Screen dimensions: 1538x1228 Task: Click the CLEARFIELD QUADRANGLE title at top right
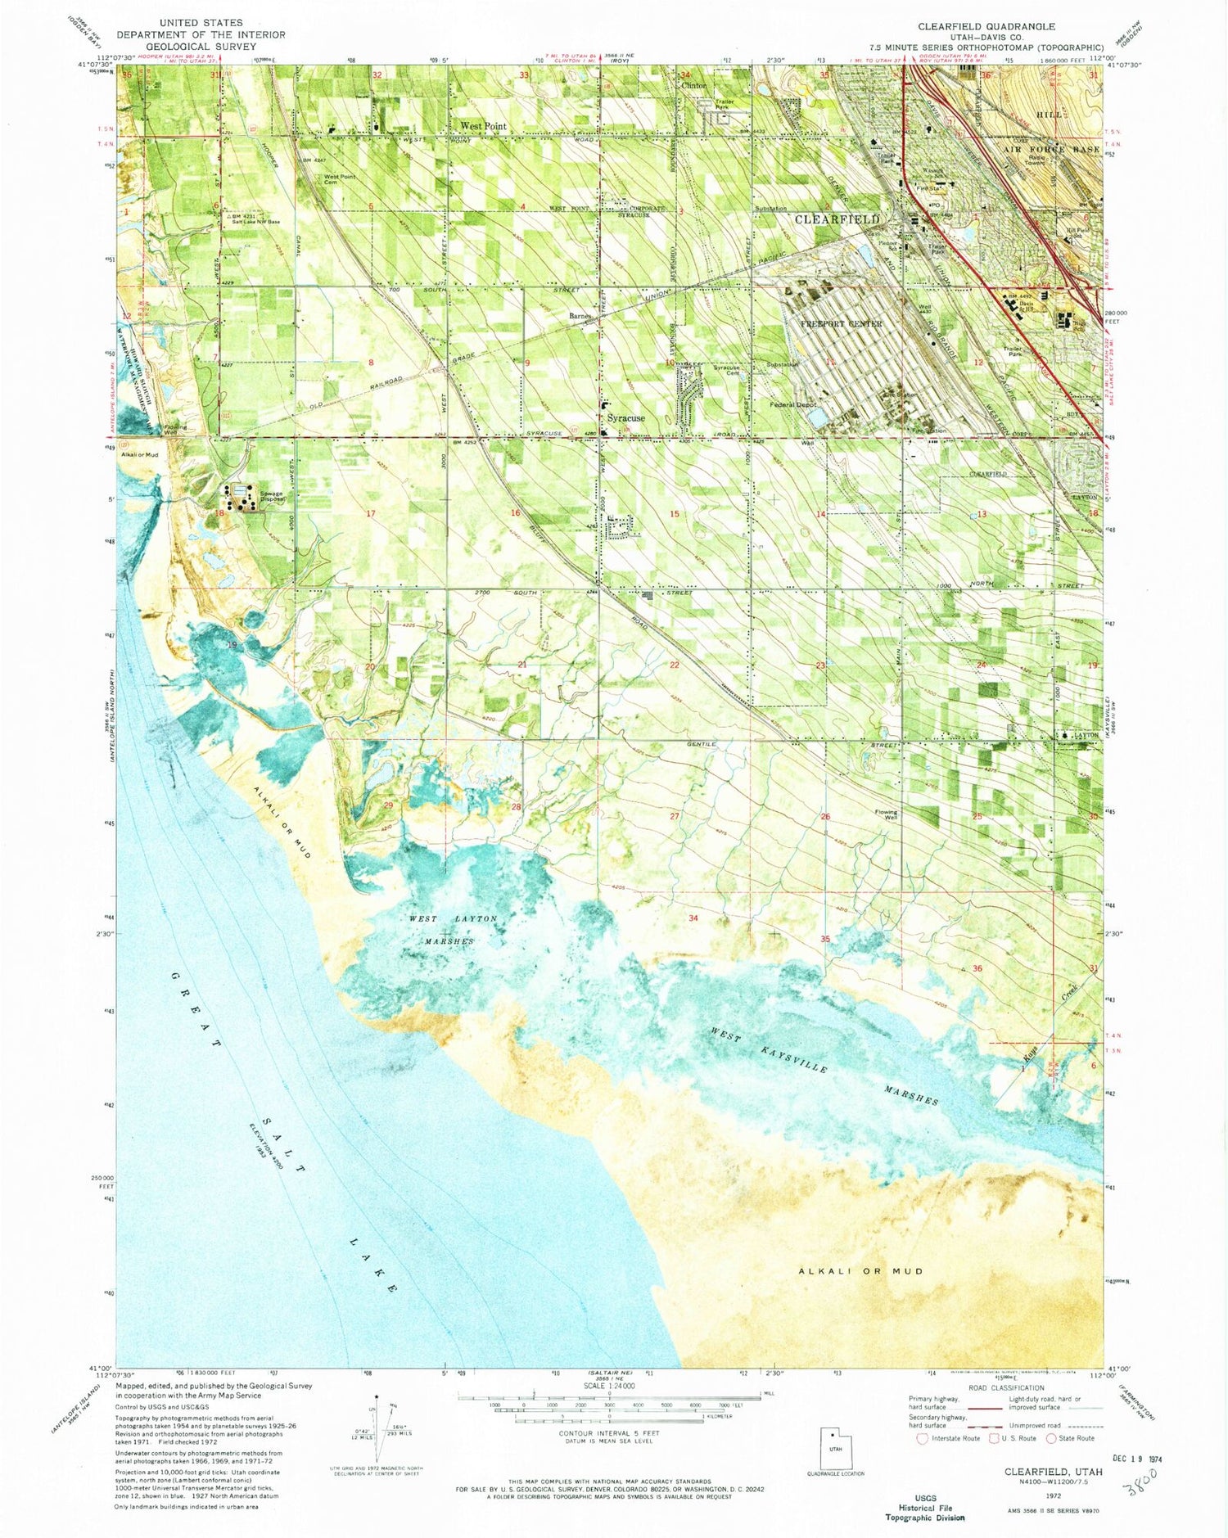pos(986,26)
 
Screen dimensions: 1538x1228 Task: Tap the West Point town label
pos(483,126)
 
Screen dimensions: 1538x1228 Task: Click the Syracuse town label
pos(625,417)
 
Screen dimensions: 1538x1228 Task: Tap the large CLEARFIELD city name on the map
pos(837,219)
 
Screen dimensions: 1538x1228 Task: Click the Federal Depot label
pos(794,404)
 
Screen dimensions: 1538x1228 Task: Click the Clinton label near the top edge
pos(693,85)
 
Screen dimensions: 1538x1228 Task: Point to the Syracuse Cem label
pos(726,370)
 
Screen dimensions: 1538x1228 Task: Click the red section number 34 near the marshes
pos(693,918)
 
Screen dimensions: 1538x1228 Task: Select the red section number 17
pos(371,513)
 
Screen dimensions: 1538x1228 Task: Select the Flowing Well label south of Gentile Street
pos(886,814)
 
